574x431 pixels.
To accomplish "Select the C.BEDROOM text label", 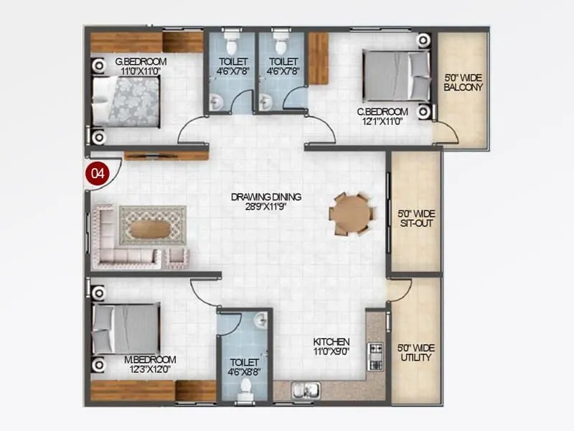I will click(x=382, y=111).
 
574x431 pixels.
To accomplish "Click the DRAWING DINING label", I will click(x=265, y=196).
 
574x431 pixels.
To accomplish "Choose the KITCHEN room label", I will click(x=331, y=341).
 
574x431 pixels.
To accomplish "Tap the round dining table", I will click(x=349, y=213).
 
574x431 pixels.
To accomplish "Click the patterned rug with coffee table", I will click(x=152, y=226).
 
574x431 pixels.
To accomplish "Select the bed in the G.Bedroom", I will click(x=126, y=101).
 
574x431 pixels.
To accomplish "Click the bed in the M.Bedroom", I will click(x=126, y=328).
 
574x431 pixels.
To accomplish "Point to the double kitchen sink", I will click(x=305, y=391).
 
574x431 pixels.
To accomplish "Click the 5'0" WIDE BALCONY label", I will click(x=463, y=82).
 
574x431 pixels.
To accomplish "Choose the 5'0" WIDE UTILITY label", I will click(x=415, y=353).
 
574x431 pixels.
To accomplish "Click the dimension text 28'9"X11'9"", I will click(x=265, y=205).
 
